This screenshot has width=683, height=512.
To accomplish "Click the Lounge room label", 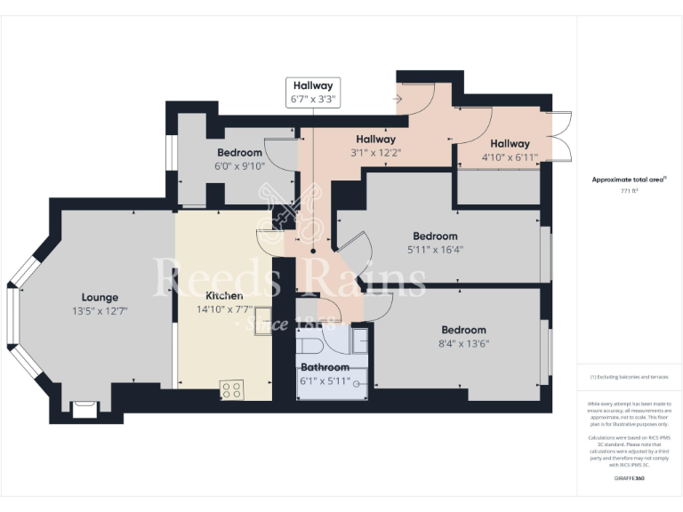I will click(100, 297).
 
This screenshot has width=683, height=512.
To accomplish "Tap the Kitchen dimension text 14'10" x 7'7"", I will click(224, 310).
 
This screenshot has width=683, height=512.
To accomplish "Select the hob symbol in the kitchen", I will click(232, 388).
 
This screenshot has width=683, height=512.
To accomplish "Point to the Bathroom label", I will click(325, 366).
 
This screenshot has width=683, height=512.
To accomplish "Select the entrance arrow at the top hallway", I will click(397, 99).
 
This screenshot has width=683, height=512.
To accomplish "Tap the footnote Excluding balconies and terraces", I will click(629, 378).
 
